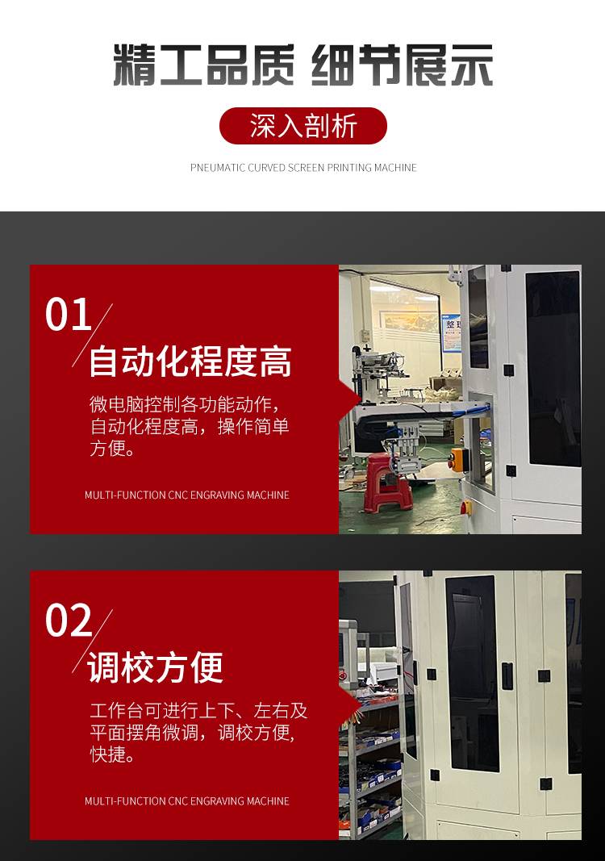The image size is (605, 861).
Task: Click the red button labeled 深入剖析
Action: tap(303, 126)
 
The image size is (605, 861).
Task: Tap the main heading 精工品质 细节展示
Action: tap(303, 65)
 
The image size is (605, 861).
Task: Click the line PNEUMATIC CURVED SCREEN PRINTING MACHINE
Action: tap(303, 168)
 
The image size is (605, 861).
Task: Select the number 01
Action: tap(68, 314)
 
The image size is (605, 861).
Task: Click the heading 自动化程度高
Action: tap(190, 362)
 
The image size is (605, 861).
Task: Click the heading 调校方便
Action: tap(156, 667)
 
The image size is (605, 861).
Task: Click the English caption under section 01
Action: tap(186, 495)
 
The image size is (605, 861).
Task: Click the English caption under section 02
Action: tap(186, 801)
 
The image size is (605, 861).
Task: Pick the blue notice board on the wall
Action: tap(451, 332)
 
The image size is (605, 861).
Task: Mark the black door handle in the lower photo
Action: tap(508, 676)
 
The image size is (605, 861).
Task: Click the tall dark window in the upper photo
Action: tap(553, 369)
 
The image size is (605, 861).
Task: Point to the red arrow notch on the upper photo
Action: tap(350, 399)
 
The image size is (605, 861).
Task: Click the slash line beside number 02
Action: tap(92, 641)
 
